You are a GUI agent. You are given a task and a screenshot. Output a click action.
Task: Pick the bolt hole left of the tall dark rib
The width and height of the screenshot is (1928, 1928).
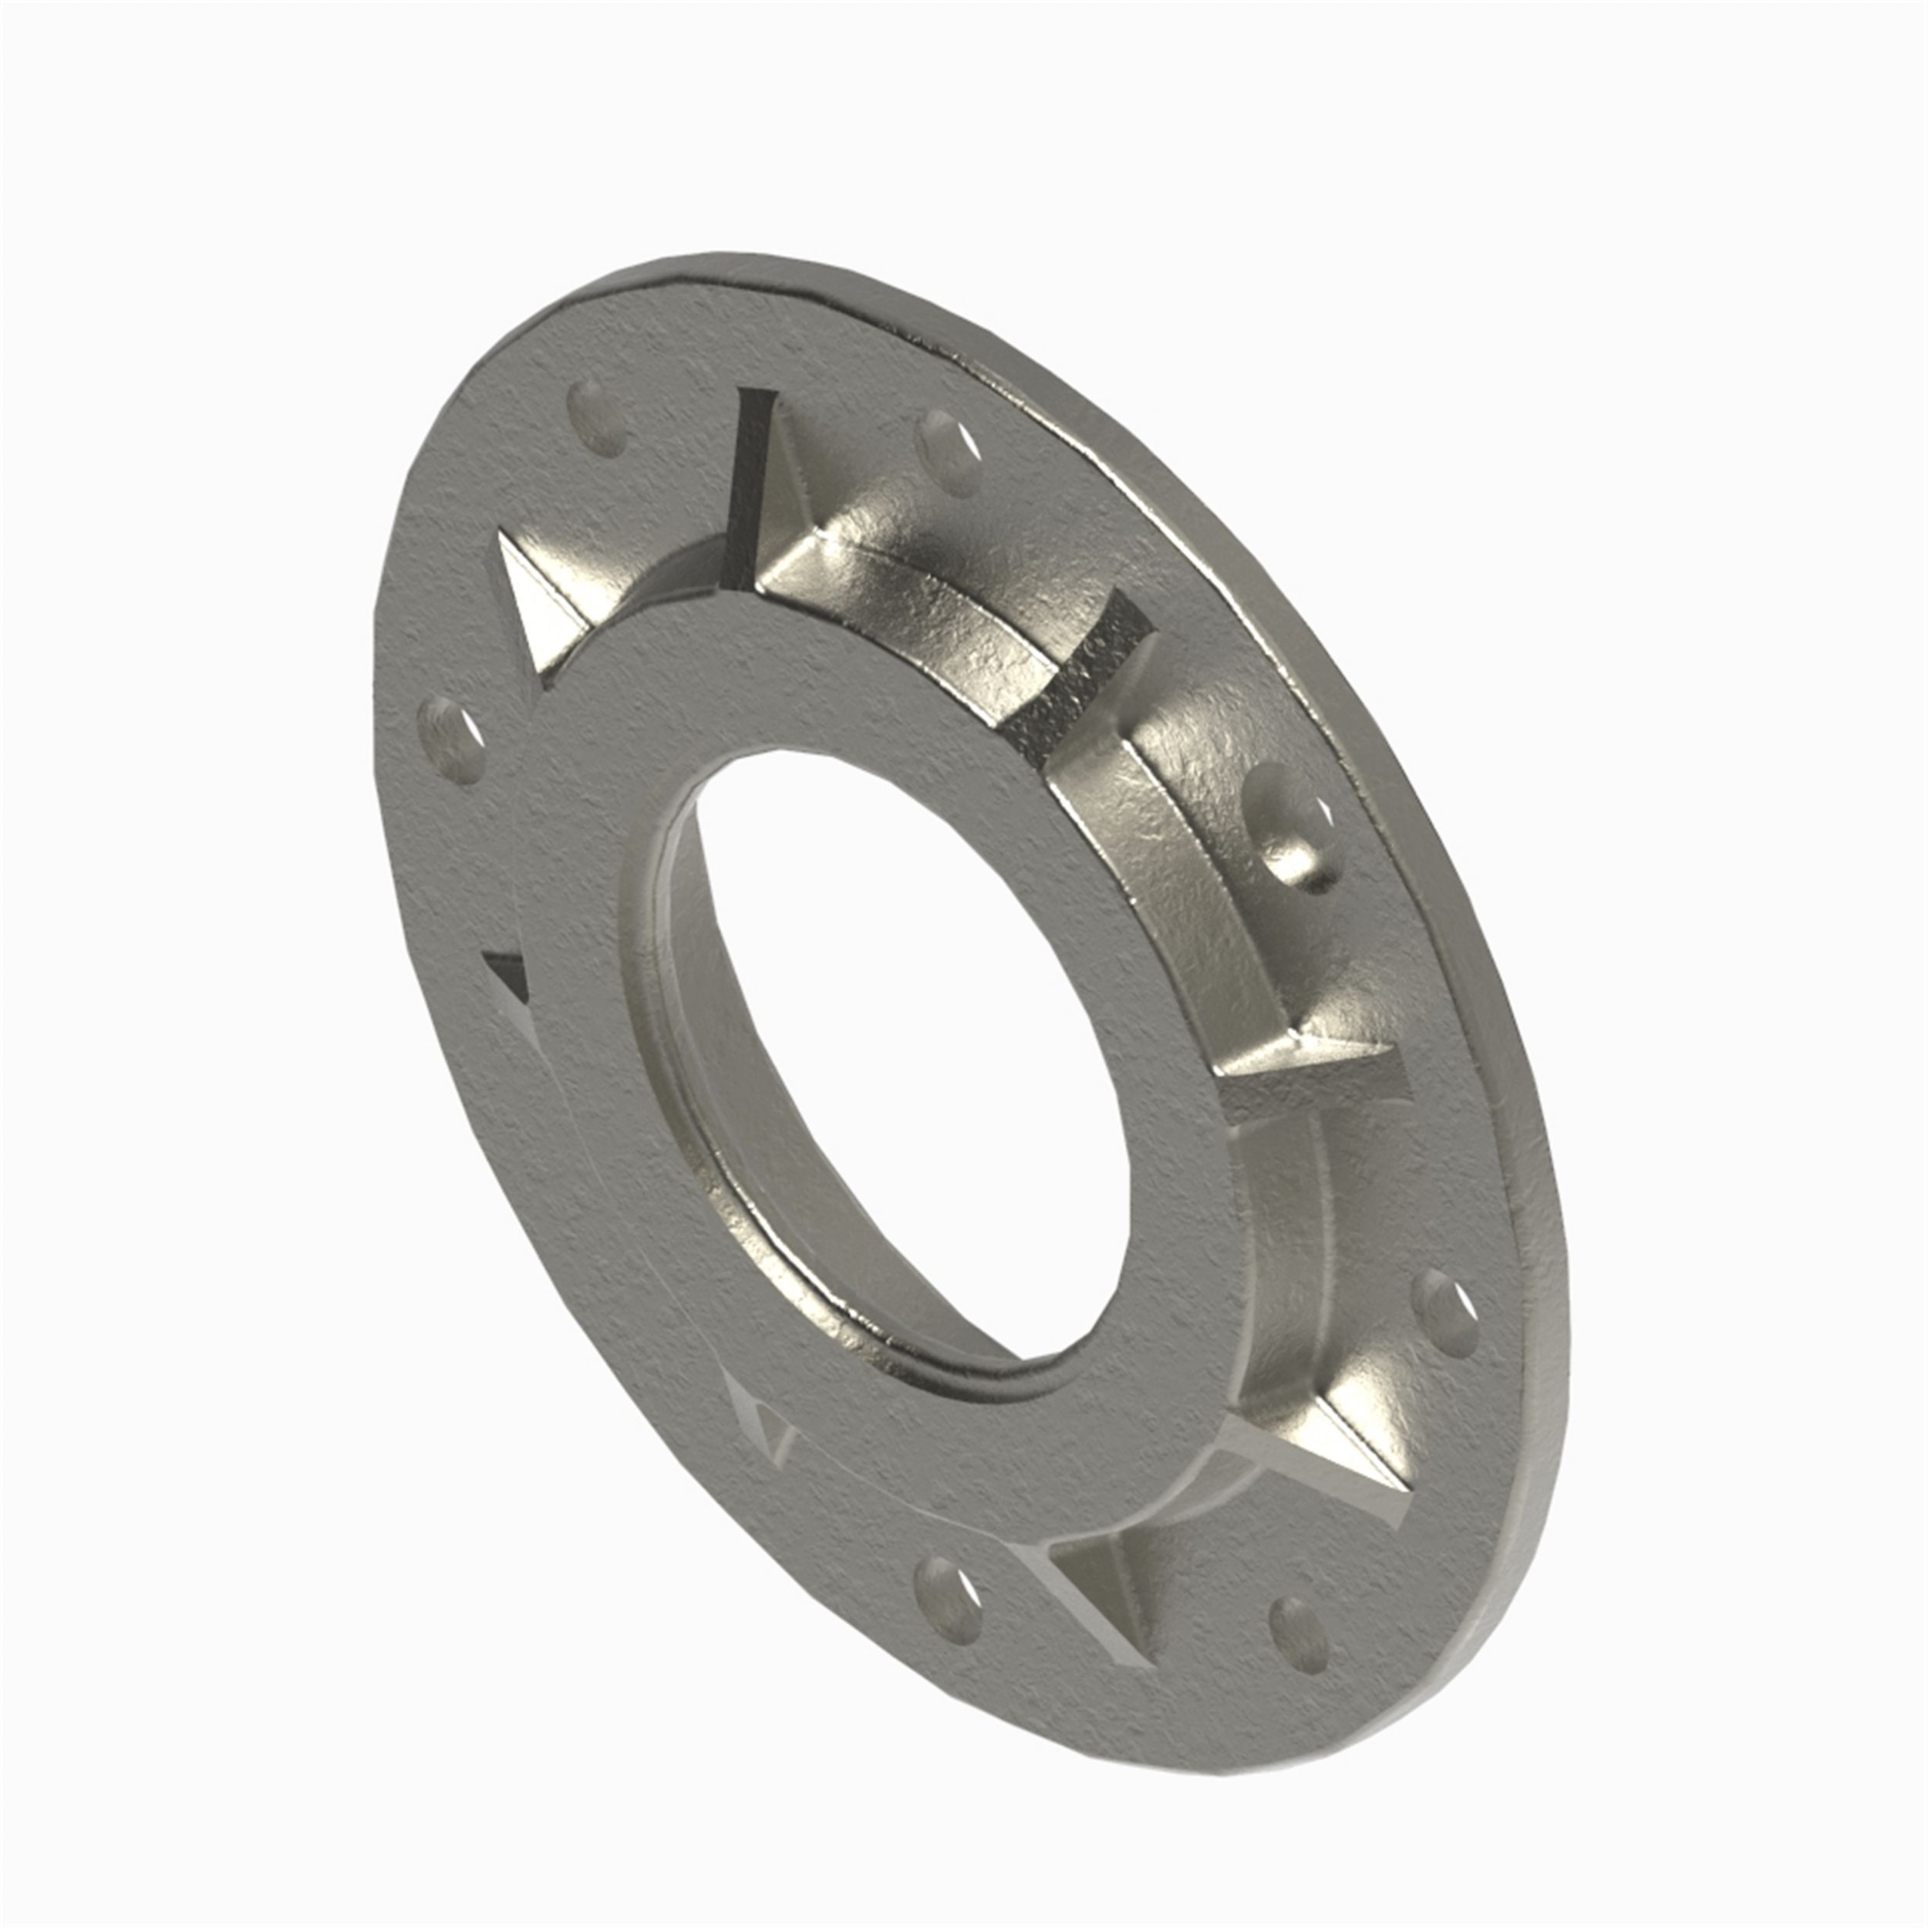[x=597, y=418]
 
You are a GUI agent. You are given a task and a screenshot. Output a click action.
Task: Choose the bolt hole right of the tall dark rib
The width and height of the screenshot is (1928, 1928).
[x=949, y=454]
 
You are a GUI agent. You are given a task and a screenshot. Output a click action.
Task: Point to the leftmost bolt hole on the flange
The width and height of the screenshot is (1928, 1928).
[x=449, y=739]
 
